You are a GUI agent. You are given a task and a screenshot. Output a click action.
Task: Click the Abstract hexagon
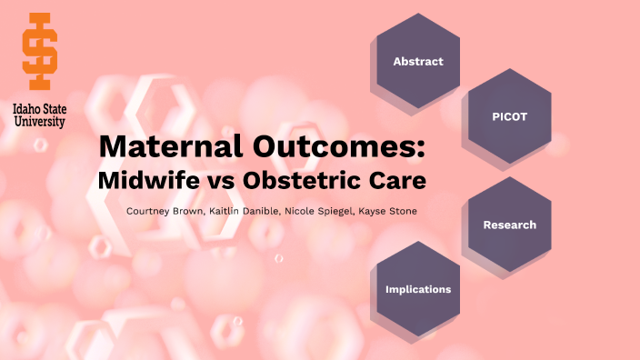[x=418, y=62]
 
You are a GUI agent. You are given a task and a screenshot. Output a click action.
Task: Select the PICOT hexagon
[x=509, y=116]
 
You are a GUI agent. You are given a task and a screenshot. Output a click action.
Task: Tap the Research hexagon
[x=509, y=225]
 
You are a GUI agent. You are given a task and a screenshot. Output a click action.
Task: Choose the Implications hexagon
[x=418, y=289]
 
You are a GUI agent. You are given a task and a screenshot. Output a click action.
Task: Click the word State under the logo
[x=54, y=109]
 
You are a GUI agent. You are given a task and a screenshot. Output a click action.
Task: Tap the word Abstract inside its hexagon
[x=418, y=62]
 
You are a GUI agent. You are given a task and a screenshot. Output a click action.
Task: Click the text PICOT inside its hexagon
[x=509, y=116]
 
